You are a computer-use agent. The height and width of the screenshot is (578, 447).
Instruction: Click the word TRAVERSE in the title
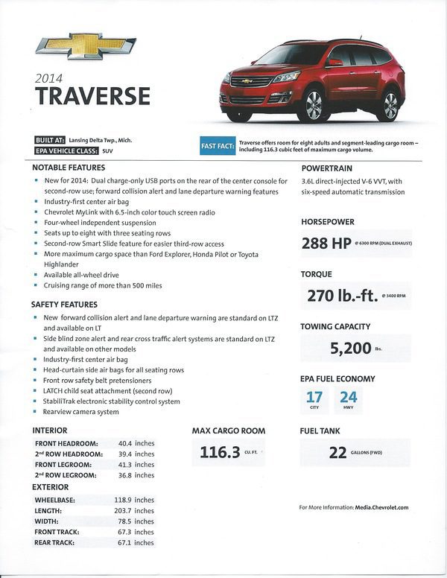(x=92, y=96)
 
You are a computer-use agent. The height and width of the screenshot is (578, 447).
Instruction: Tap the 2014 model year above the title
(x=51, y=77)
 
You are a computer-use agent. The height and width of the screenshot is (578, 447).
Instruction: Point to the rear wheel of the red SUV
(x=390, y=106)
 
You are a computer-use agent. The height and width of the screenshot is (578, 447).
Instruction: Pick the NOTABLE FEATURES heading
(x=68, y=168)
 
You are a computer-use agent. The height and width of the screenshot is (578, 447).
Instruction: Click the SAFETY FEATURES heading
(x=64, y=305)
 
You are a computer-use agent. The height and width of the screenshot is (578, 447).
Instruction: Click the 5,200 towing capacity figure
(x=350, y=348)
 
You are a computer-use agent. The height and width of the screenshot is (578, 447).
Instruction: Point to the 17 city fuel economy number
(x=315, y=397)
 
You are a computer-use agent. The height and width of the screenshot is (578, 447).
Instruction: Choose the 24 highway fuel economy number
(x=348, y=397)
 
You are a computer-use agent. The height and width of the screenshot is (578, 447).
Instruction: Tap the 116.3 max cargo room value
(x=220, y=452)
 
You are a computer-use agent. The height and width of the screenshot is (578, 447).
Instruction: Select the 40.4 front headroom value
(x=125, y=443)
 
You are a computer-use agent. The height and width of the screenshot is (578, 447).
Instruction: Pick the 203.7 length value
(x=125, y=511)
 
